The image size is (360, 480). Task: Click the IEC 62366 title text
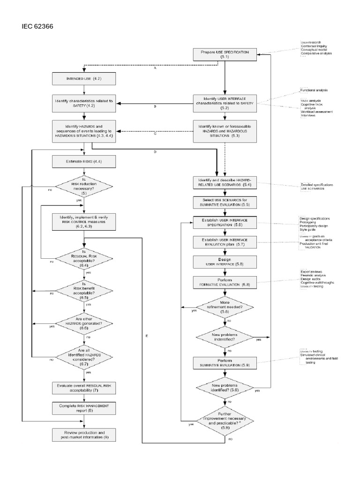[x=37, y=26]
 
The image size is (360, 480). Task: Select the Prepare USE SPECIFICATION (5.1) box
[x=225, y=53]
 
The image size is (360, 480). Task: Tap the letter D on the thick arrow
[x=155, y=152]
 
